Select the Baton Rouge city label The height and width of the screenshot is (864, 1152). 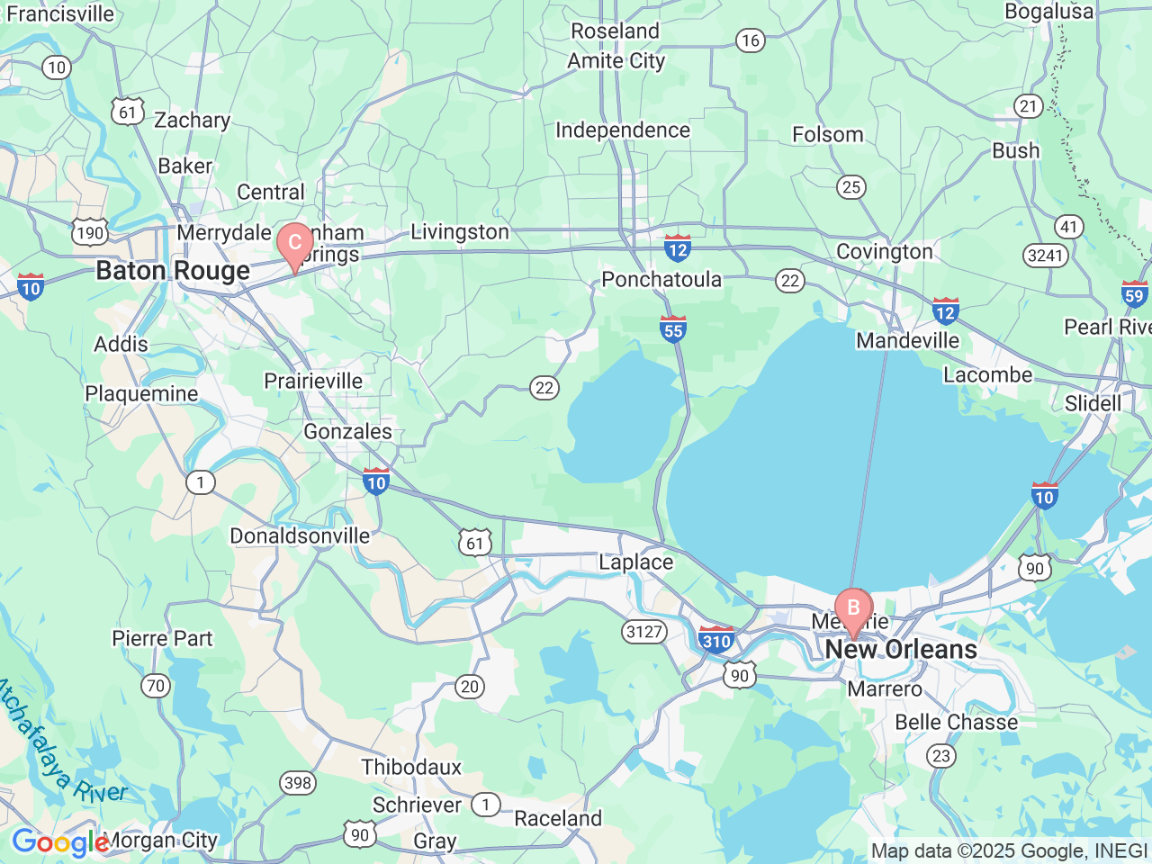173,271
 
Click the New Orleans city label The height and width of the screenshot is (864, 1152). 901,650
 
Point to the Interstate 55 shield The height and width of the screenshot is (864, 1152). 673,329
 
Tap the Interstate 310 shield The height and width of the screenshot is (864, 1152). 716,640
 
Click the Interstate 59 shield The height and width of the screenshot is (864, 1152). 1134,294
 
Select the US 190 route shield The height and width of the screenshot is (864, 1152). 90,233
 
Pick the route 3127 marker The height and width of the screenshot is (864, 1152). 644,632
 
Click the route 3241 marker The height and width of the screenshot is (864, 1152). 1045,256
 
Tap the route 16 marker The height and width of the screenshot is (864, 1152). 750,40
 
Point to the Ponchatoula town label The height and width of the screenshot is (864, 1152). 661,280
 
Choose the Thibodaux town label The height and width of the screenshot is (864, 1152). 411,768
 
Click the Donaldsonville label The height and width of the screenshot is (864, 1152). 300,536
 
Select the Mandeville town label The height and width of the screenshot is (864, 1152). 907,341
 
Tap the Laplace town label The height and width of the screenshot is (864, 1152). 636,562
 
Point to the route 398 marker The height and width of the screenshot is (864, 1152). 298,783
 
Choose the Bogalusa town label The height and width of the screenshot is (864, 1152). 1048,12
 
